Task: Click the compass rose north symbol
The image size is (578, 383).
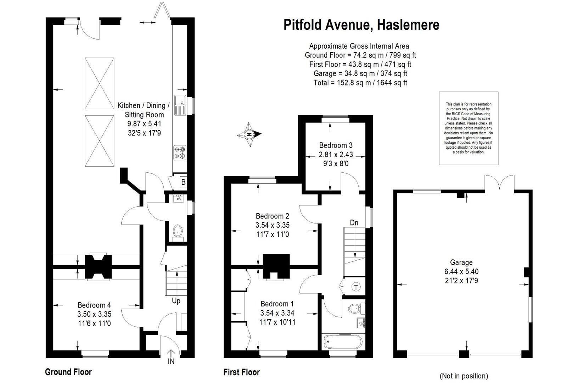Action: point(249,134)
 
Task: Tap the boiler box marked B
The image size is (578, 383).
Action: point(183,182)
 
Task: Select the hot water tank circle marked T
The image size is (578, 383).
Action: point(356,287)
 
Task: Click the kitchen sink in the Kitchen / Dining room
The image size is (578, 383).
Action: point(180,105)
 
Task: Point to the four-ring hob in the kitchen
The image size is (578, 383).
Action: point(180,152)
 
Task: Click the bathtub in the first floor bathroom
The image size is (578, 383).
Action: point(343,343)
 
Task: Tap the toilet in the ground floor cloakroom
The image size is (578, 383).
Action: point(178,232)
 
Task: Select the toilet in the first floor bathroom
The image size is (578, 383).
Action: point(357,308)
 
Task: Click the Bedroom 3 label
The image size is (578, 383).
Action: point(336,145)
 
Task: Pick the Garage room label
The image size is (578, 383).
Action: point(461,262)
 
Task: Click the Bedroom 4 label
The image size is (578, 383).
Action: point(94,305)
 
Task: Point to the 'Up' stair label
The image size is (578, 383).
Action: point(176,301)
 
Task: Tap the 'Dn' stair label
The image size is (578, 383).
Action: point(354,223)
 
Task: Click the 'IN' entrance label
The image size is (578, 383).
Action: point(171,361)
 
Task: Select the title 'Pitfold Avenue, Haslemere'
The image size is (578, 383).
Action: point(361,25)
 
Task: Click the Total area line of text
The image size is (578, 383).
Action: point(360,83)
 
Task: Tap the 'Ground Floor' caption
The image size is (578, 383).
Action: point(68,372)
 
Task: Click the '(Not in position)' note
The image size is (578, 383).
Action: point(464,376)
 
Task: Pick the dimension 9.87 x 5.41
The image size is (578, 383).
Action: point(144,123)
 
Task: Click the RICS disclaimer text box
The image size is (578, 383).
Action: point(468,128)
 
